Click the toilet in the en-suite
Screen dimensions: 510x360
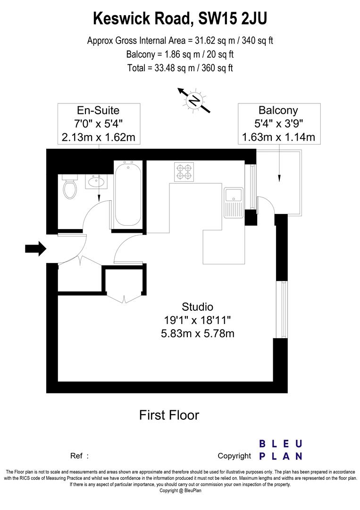click(70, 188)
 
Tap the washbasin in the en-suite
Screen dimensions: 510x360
click(98, 181)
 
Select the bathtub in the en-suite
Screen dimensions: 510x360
click(128, 194)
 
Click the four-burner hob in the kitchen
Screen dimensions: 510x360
click(184, 172)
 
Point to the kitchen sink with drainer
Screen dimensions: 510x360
click(234, 202)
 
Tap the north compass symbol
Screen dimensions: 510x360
click(193, 100)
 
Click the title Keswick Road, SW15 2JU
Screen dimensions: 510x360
click(180, 19)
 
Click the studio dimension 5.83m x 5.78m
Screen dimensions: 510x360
click(198, 333)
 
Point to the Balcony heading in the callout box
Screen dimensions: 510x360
click(278, 110)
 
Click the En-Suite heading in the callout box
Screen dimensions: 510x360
click(98, 110)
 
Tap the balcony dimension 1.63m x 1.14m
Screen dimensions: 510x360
click(278, 137)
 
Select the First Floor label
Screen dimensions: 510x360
click(169, 415)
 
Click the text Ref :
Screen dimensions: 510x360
click(79, 456)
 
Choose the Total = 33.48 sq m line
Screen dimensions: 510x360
click(180, 68)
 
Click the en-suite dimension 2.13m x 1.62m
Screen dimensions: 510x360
click(98, 137)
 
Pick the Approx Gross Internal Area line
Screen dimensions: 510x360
click(180, 41)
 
